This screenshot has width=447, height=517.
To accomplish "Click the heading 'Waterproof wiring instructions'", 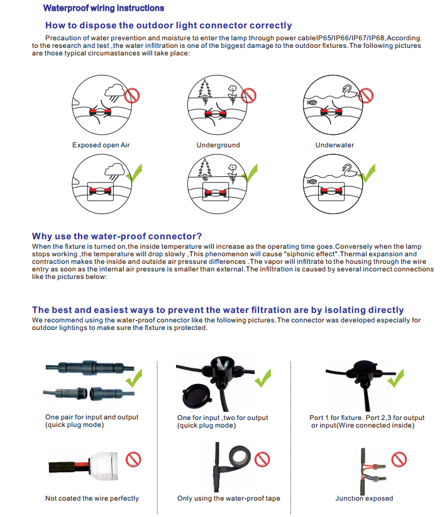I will (103, 8).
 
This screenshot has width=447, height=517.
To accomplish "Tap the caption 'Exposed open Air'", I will (101, 145).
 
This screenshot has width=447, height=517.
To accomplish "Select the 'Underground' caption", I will (218, 145).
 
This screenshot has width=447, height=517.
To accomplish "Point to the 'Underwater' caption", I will (334, 145).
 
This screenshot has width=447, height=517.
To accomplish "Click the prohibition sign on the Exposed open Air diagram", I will (132, 95).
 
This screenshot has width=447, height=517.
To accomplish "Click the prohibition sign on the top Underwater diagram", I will (367, 95).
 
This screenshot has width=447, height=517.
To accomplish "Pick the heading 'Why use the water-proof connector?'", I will (117, 236).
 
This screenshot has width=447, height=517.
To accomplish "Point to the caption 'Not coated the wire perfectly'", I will (92, 499).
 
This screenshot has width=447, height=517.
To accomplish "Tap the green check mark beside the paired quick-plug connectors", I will (134, 380).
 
